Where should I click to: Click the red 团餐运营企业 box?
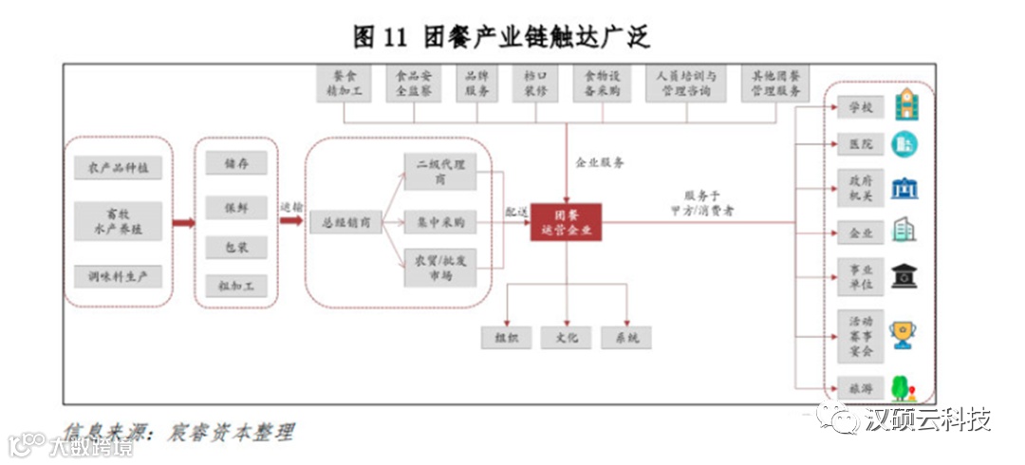point(566,222)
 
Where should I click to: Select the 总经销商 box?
point(345,223)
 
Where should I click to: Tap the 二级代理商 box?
point(439,171)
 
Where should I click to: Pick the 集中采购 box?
point(439,223)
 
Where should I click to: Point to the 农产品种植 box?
point(119,168)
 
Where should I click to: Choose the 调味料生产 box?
point(119,277)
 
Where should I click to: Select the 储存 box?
point(237,163)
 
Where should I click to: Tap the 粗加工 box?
point(237,286)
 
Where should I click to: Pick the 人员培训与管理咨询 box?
point(686,84)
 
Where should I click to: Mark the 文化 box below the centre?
point(567,337)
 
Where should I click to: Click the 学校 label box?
point(861,106)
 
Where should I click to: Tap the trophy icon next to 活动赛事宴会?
point(904,333)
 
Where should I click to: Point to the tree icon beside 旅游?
point(903,387)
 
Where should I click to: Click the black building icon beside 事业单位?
point(904,276)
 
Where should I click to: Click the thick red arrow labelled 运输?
point(291,220)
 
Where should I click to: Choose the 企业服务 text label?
point(600,162)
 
